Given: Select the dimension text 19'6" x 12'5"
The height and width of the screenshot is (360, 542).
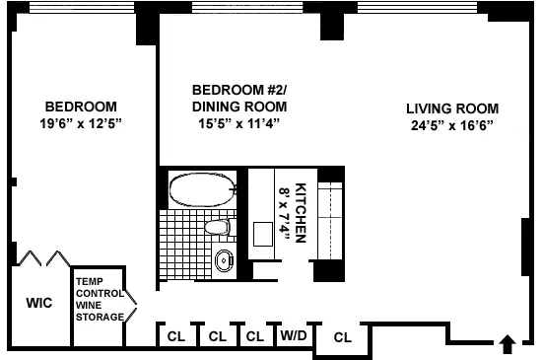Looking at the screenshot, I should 81,123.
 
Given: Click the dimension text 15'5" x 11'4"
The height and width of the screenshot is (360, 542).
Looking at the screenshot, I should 238,123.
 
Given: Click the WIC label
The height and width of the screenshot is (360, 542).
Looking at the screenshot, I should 38,304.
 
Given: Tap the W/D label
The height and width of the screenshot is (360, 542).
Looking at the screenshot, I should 293,336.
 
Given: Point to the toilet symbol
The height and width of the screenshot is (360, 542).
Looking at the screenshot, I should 217,228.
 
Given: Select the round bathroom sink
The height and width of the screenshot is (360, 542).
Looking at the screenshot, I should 224,261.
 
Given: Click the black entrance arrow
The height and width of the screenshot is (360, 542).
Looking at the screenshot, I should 508,344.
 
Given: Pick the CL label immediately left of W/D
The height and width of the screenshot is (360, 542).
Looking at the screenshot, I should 254,336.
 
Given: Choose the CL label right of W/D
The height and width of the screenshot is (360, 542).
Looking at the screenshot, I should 342,336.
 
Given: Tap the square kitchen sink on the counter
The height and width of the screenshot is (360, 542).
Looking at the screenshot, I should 263,234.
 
